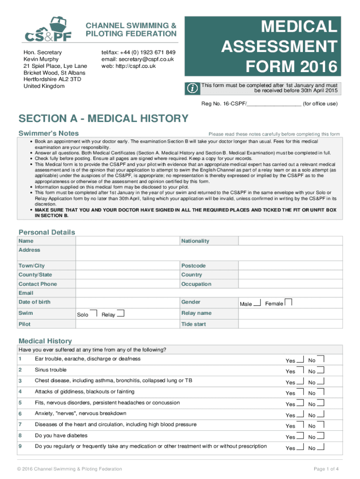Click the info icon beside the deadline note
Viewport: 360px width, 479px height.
(x=192, y=87)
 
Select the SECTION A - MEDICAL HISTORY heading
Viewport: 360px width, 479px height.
(x=103, y=118)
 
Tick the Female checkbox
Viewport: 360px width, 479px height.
(x=288, y=302)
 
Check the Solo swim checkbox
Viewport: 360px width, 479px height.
(x=94, y=313)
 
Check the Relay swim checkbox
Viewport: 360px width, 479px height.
(x=121, y=313)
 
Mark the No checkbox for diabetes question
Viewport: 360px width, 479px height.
(x=321, y=436)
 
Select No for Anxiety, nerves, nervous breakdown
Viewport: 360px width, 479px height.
(x=321, y=414)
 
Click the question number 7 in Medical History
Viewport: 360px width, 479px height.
(x=20, y=425)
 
